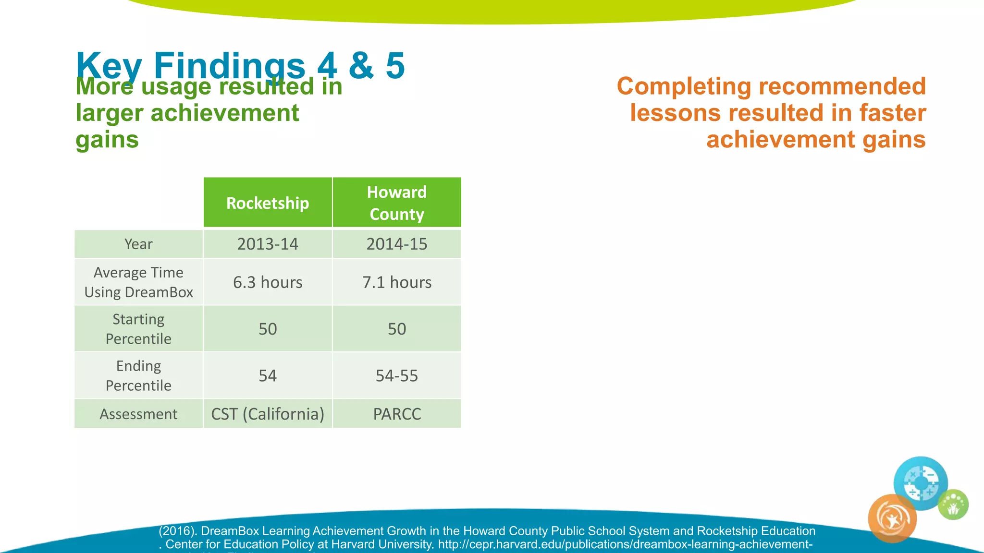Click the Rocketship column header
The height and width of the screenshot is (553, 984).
click(268, 203)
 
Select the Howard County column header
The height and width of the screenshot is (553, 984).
click(397, 203)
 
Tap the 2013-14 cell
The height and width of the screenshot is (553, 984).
click(268, 244)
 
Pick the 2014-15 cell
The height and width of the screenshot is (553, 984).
click(397, 244)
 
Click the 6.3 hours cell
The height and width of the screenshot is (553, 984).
click(268, 282)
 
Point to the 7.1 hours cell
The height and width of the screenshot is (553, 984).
click(397, 282)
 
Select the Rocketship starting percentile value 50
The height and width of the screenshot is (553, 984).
click(268, 329)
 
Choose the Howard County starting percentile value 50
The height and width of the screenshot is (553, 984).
click(397, 329)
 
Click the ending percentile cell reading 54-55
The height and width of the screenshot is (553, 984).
click(397, 375)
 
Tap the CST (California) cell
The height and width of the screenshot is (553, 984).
click(268, 414)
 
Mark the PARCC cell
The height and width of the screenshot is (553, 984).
click(397, 414)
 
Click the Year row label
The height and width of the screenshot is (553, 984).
click(138, 244)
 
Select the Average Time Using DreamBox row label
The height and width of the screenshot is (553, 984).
click(138, 282)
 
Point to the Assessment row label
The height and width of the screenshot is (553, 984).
click(138, 414)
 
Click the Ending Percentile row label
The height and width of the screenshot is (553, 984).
click(138, 375)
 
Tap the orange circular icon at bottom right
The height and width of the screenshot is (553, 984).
click(892, 519)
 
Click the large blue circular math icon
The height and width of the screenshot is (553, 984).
click(921, 483)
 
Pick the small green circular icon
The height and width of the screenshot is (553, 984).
click(953, 505)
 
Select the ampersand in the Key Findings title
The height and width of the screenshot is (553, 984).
click(361, 66)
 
